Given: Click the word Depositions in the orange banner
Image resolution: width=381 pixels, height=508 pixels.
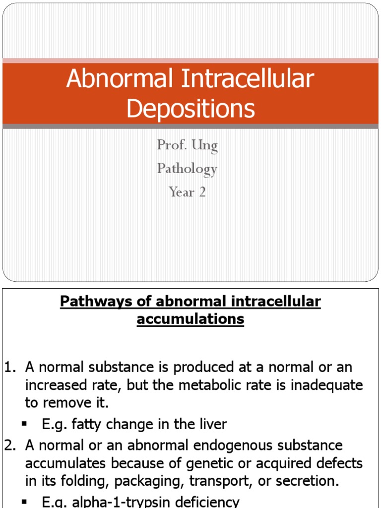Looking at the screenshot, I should coord(190,108).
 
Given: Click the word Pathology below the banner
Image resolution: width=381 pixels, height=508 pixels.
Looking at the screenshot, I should coord(187,169).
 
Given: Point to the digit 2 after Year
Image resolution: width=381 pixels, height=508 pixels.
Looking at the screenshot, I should coord(202,192).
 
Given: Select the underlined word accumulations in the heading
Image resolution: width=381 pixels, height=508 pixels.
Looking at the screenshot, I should coord(190,319).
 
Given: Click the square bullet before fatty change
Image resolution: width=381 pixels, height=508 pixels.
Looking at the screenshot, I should coord(24,425).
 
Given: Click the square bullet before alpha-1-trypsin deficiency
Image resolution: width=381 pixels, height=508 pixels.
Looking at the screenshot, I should coord(24,502).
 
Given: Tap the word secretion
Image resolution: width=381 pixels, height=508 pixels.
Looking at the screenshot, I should coord(295,481).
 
